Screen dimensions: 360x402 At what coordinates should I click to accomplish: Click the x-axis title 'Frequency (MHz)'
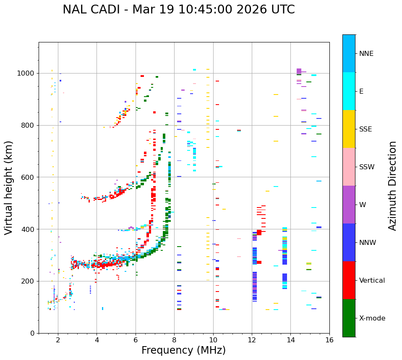183,350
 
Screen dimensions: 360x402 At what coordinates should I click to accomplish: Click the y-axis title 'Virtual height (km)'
9,188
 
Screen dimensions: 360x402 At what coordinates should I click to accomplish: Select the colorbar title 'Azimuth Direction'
392,186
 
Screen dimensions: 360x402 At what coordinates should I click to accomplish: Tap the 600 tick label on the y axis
28,177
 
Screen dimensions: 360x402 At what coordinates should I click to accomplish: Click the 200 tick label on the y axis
28,281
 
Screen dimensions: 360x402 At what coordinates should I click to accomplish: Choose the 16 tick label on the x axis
329,340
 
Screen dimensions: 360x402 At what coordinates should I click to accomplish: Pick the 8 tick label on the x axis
174,340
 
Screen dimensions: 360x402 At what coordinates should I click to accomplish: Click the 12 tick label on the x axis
252,340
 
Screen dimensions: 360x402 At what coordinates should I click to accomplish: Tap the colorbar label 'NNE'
366,54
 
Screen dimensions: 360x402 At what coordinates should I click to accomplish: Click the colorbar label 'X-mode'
372,318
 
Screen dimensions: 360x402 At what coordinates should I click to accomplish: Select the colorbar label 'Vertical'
372,281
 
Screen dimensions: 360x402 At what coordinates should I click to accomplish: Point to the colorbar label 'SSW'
367,167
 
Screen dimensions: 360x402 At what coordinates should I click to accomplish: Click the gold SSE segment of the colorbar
349,129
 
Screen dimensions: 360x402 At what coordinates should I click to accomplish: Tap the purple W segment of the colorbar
349,205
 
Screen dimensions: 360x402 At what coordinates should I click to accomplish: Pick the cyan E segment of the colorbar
349,91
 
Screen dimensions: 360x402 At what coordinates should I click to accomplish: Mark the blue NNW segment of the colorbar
349,242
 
